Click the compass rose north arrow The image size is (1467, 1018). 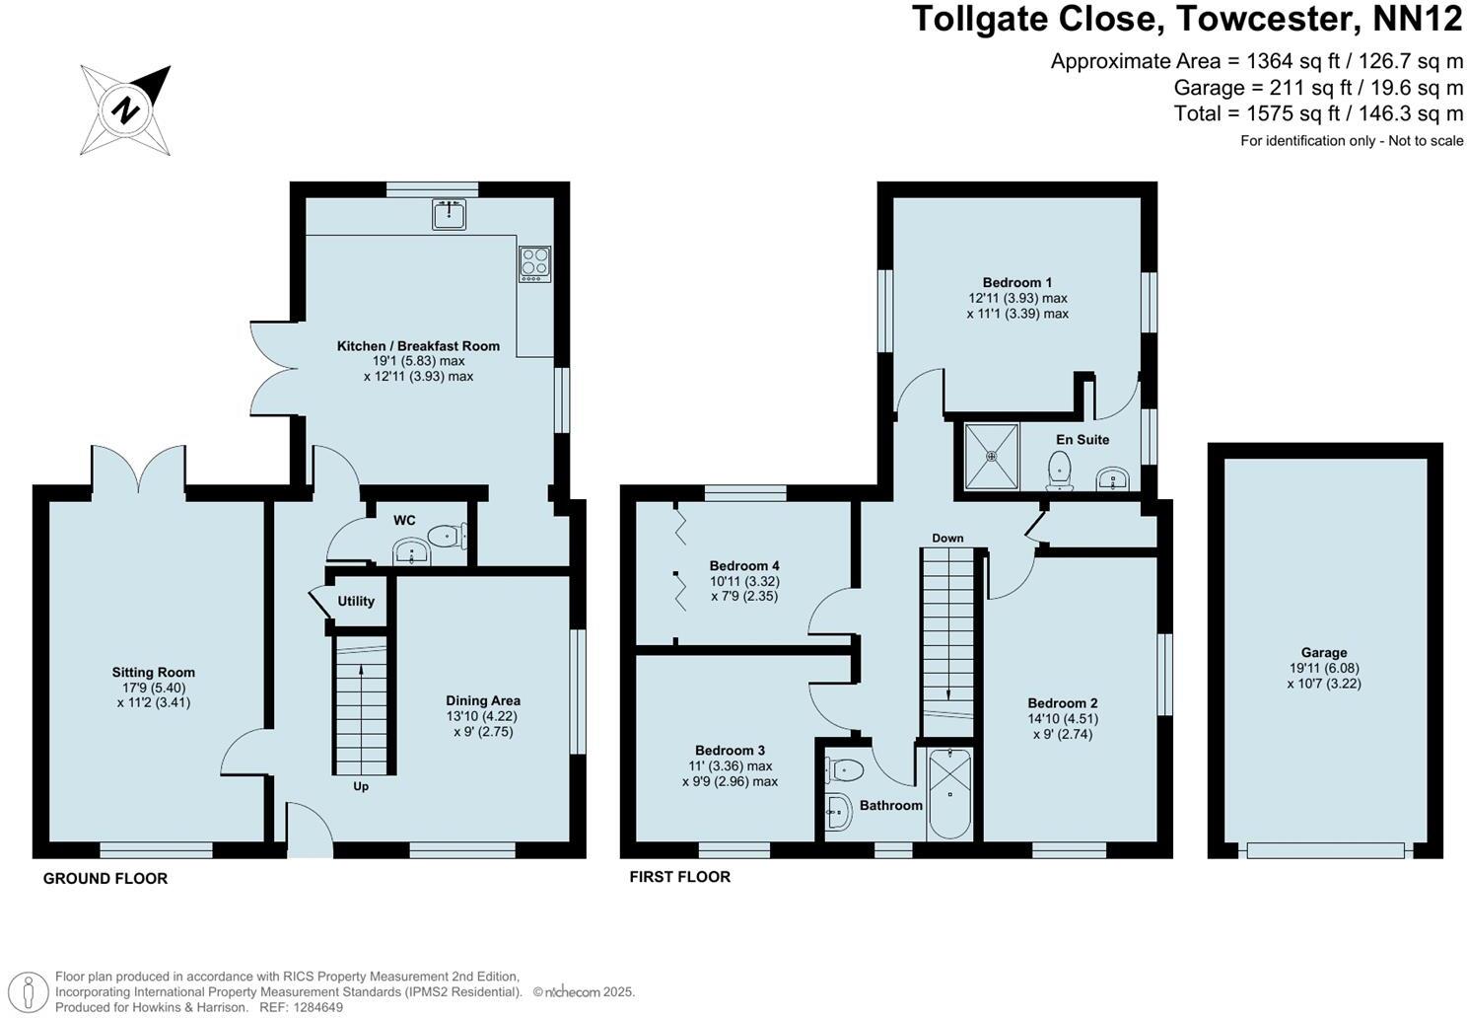126,109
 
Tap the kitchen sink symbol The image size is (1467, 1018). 449,213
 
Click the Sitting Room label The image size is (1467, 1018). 153,673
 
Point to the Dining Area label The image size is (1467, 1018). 483,700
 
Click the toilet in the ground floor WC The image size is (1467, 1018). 450,537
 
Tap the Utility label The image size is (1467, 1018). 356,601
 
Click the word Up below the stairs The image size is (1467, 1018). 361,786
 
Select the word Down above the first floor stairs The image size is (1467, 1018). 947,538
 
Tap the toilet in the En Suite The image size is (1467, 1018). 1060,469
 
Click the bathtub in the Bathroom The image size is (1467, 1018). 949,793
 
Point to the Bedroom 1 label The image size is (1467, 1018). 1016,282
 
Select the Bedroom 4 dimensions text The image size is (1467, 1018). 744,589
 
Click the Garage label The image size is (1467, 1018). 1323,652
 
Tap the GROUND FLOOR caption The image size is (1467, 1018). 105,878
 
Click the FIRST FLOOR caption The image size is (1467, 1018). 680,876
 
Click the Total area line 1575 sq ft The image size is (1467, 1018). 1318,113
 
